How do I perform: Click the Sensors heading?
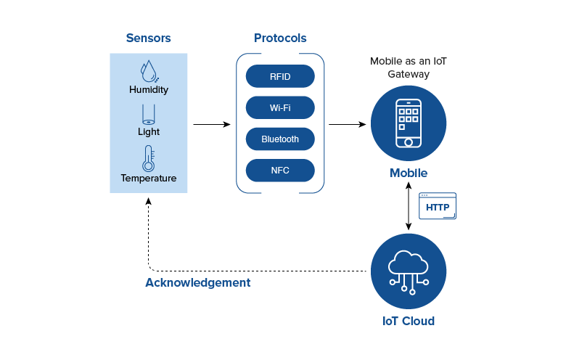tap(148, 38)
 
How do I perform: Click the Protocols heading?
tap(280, 38)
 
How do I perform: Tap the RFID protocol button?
tap(280, 76)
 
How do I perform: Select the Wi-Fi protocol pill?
tap(280, 107)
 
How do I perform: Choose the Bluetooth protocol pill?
tap(280, 139)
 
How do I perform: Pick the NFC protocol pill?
tap(280, 171)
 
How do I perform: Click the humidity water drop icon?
tap(149, 70)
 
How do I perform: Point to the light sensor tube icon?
tap(148, 114)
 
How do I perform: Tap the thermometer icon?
tap(149, 158)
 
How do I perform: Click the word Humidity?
tap(149, 90)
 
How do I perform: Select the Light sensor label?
tap(149, 132)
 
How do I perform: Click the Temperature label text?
tap(149, 179)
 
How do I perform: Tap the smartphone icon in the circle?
tap(409, 123)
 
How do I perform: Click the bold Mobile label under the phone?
tap(409, 173)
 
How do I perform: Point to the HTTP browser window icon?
tap(438, 206)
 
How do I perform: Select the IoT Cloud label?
tap(409, 321)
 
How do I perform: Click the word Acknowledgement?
tap(198, 283)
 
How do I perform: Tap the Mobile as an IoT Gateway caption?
tap(409, 67)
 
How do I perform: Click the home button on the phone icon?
tap(409, 142)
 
